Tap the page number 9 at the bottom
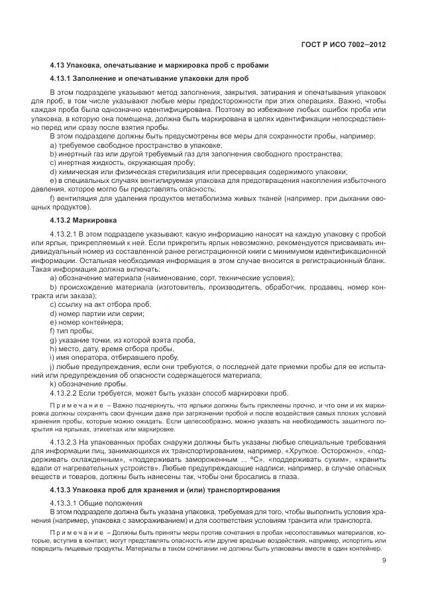coord(384,561)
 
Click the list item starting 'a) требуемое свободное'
coord(136,144)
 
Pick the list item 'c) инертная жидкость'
coord(122,162)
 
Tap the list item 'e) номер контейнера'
coord(86,321)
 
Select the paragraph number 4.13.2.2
coord(64,392)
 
